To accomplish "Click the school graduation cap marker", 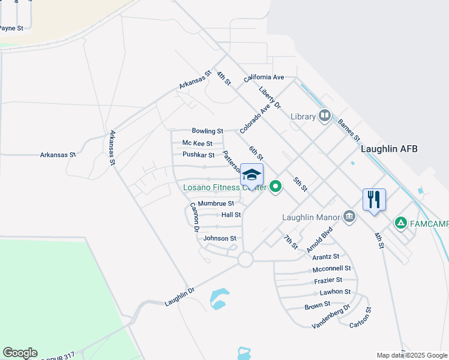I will [252, 175].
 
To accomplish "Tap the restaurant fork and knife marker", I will [374, 199].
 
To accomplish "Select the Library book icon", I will [325, 115].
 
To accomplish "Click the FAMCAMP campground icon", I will [400, 223].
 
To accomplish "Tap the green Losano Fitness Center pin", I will [276, 187].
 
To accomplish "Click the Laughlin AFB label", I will [389, 149].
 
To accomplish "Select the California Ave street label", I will [264, 78].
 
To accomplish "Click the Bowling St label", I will [207, 131].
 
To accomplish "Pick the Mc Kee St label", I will [197, 143].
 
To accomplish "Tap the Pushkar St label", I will [198, 155].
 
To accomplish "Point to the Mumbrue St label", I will [215, 204].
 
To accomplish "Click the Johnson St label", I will [220, 238].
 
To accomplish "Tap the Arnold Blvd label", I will [319, 239].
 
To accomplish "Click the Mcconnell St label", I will [331, 269].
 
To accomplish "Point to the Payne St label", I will [11, 28].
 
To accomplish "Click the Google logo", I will [20, 353].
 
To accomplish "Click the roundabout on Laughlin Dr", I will [245, 259].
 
